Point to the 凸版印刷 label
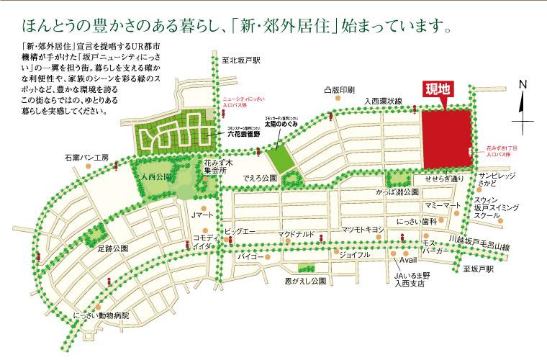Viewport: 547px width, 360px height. (339, 91)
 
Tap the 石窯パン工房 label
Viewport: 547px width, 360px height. (85, 157)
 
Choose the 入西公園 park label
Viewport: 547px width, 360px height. (155, 175)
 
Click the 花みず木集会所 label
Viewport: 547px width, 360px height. (215, 168)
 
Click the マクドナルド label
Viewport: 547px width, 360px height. (297, 235)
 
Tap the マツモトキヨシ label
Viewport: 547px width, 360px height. (361, 230)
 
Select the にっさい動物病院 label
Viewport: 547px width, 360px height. (101, 315)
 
